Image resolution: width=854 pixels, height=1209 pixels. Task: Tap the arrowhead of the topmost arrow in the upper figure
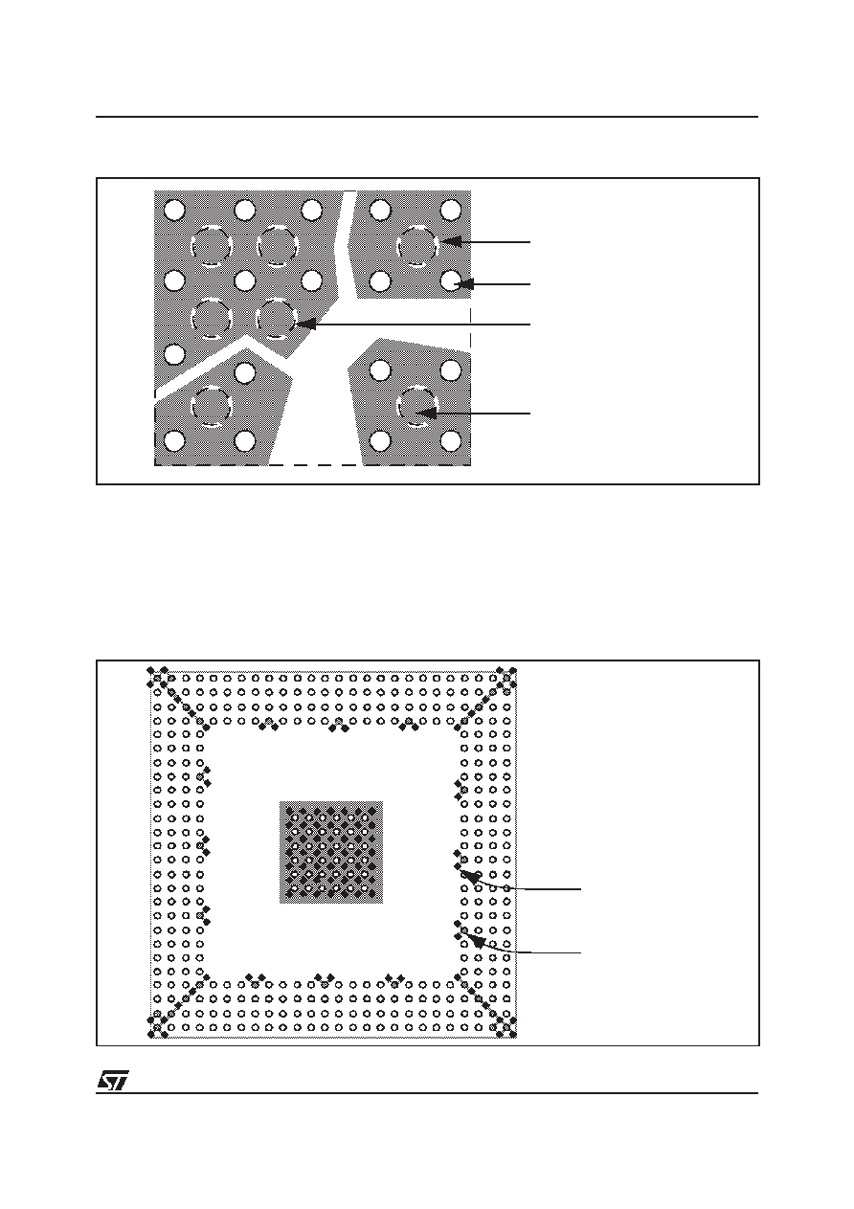click(x=450, y=241)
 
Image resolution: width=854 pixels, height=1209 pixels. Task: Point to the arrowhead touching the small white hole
click(x=464, y=283)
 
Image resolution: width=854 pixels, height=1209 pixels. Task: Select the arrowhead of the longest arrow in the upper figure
click(x=304, y=324)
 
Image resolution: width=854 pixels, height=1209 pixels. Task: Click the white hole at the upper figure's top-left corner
click(x=174, y=210)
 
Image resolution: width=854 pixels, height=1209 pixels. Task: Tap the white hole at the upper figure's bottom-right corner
click(x=450, y=441)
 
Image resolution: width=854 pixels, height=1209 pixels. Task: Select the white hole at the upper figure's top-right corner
click(x=450, y=210)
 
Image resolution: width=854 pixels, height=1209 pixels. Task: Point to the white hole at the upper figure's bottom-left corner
click(x=174, y=441)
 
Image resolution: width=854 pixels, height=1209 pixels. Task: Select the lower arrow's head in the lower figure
click(x=473, y=939)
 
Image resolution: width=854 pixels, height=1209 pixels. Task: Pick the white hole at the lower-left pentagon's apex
click(x=245, y=371)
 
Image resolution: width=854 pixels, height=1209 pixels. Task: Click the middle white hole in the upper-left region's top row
click(x=244, y=210)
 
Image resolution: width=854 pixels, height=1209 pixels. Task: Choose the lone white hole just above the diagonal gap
click(x=174, y=353)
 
